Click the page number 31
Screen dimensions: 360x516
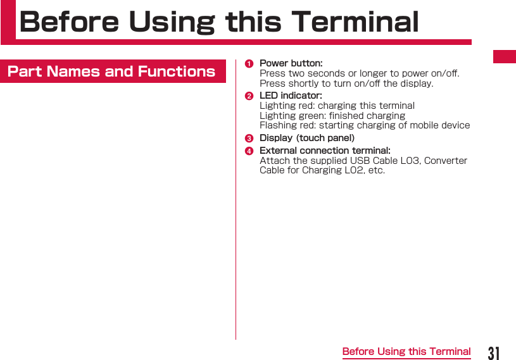coord(494,352)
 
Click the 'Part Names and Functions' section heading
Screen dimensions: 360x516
coord(111,71)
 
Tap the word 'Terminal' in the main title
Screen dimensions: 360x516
coord(355,22)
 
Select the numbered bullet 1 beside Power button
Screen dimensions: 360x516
coord(249,63)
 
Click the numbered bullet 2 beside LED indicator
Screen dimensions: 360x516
coord(249,96)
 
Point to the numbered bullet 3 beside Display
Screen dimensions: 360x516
coord(249,138)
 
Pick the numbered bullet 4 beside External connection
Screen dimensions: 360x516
coord(249,151)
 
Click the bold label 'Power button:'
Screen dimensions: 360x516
coord(291,63)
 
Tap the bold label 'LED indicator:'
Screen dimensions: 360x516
coord(291,96)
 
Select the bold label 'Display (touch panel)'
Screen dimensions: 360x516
coord(307,138)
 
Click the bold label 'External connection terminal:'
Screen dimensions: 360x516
coord(325,151)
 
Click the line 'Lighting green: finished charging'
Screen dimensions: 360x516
coord(332,116)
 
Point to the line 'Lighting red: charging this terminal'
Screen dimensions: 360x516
coord(337,106)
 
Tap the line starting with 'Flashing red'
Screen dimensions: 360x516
coord(365,125)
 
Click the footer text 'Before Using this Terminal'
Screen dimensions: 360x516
coord(406,351)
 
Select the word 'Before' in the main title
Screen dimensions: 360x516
coord(69,22)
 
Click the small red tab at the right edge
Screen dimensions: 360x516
coord(505,56)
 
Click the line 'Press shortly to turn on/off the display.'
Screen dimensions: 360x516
coord(346,84)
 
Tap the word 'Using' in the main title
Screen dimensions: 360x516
coord(172,22)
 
